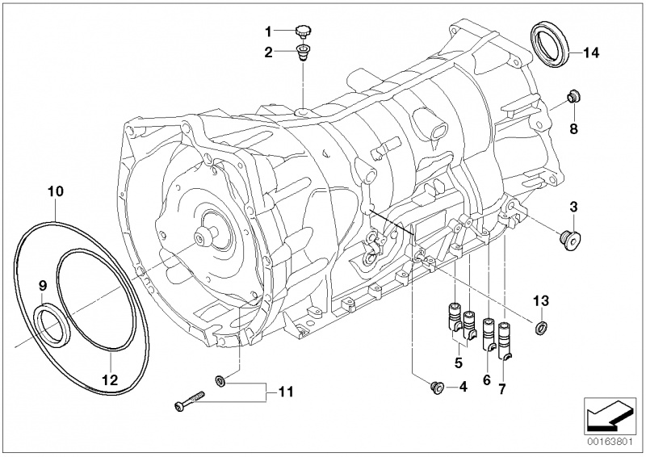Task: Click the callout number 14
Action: (x=590, y=54)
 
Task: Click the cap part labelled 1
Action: (x=303, y=31)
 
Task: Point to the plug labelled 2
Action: (x=302, y=55)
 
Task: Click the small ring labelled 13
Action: (x=539, y=326)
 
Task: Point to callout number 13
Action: (x=540, y=300)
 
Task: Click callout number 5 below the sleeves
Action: (x=459, y=363)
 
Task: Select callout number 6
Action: (x=486, y=379)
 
